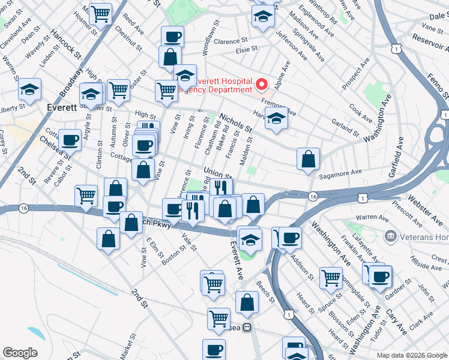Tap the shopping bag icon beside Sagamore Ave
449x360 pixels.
click(308, 159)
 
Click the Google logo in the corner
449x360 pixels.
click(20, 353)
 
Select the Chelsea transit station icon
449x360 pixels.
click(246, 328)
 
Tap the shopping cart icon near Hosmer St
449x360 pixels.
click(100, 13)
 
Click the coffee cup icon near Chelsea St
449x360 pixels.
click(70, 140)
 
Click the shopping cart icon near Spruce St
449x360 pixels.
click(331, 278)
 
